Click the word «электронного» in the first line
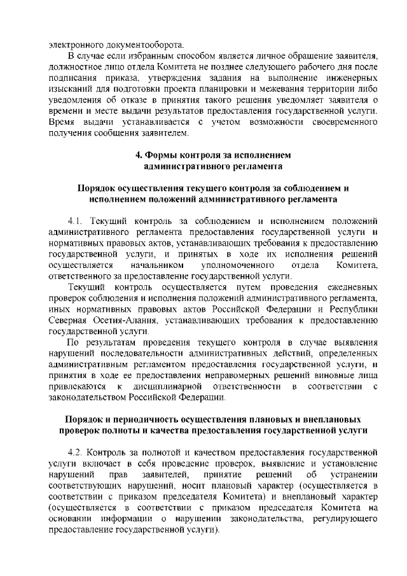[78, 45]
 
